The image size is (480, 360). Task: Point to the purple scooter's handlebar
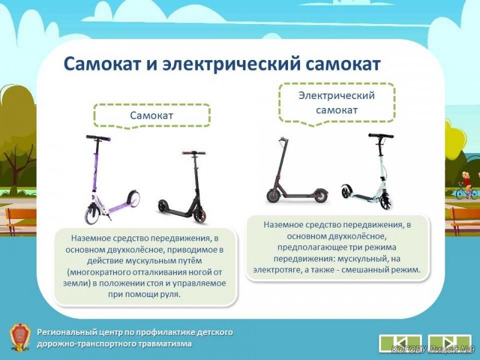click(x=98, y=138)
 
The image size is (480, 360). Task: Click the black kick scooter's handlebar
click(x=194, y=153)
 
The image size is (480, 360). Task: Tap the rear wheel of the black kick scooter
click(x=163, y=206)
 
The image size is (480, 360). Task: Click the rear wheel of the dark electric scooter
click(x=320, y=196)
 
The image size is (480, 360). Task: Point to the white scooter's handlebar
click(x=381, y=136)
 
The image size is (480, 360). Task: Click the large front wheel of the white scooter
click(x=386, y=201)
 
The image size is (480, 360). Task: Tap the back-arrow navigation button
click(x=400, y=343)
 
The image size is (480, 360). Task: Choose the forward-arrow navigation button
click(x=449, y=343)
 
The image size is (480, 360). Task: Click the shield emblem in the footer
click(x=20, y=337)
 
